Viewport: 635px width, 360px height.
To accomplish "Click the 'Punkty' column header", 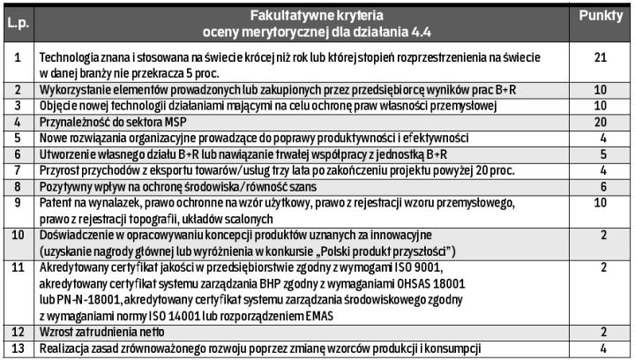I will (x=601, y=17).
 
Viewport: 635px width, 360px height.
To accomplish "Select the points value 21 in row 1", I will (x=601, y=58).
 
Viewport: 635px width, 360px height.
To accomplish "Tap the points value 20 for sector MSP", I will (x=601, y=121).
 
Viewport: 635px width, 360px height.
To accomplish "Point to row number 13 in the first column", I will (x=18, y=349).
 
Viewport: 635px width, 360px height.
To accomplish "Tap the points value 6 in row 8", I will (x=601, y=186).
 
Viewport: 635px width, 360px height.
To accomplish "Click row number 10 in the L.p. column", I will (x=18, y=234).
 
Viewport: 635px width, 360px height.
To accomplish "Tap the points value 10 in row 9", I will (x=601, y=202).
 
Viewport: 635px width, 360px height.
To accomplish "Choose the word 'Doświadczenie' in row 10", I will (x=77, y=234).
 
